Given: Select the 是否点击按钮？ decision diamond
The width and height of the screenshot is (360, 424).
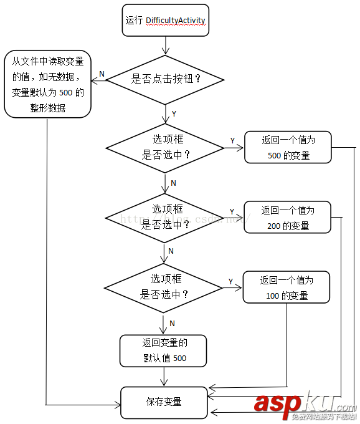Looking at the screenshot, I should pos(165,79).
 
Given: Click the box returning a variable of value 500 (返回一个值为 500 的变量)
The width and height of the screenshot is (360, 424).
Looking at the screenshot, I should pos(288,148).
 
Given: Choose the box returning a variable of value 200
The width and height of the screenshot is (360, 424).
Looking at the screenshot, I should pos(287,218).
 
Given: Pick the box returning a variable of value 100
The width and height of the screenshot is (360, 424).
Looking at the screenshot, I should pos(286,287).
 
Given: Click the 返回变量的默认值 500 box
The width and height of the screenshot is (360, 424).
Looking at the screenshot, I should pos(164,350).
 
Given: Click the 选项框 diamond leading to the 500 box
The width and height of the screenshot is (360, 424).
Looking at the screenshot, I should pos(165,148).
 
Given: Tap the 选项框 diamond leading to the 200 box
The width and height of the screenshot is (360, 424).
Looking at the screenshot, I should pos(165,218).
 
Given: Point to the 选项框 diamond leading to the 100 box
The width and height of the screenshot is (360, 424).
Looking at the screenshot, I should pos(164,287).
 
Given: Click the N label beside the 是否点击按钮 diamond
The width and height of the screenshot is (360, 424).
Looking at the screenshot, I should pos(102,75).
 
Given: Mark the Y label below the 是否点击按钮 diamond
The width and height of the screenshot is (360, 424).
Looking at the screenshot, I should pos(173,114).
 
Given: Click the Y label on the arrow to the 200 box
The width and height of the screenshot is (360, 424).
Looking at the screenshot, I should pos(232,211).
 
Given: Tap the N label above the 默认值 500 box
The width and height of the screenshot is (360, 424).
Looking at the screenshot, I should pos(173,323).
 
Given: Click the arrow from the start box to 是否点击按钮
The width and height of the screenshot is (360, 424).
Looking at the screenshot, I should pos(165,44).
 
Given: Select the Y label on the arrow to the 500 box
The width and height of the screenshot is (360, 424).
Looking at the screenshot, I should pos(232,141).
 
